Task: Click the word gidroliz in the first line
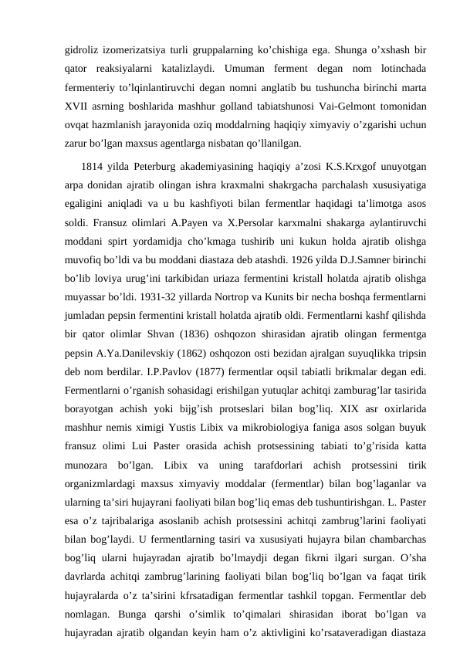click(84, 49)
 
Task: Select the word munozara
click(91, 482)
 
